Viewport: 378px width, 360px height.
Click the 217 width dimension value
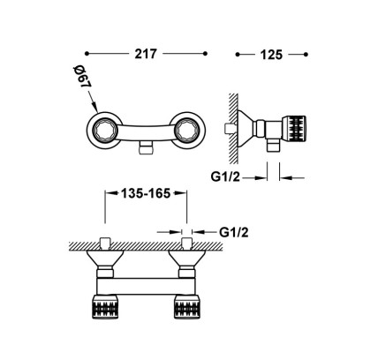(x=146, y=54)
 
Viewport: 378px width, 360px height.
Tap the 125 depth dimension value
(x=271, y=55)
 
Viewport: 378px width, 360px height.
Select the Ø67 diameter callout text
(x=82, y=77)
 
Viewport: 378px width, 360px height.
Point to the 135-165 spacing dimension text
(x=146, y=193)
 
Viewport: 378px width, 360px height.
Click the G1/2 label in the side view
(x=225, y=177)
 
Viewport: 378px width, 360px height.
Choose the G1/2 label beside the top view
(x=234, y=232)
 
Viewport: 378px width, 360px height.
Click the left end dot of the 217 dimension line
(x=87, y=54)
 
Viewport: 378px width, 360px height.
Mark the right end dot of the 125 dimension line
(x=306, y=55)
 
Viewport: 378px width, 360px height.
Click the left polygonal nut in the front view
(x=103, y=129)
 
